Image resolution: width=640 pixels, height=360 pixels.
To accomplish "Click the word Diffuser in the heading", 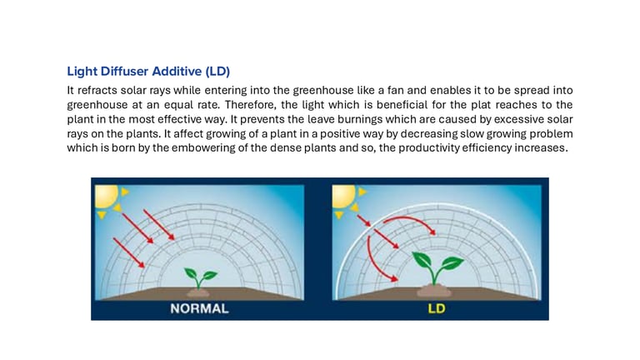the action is (x=124, y=72).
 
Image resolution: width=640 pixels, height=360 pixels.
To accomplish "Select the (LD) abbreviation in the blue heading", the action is (x=217, y=72).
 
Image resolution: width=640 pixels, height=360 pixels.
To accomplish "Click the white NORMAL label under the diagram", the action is (x=199, y=308).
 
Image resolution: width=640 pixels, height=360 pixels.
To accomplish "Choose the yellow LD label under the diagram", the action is (x=437, y=308).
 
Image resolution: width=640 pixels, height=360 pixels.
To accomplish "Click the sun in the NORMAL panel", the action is (x=107, y=196).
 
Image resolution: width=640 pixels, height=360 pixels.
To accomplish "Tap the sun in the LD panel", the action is (x=343, y=196).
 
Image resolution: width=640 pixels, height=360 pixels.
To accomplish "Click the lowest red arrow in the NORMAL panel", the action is (x=128, y=253).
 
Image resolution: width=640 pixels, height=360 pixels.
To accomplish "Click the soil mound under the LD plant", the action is (x=434, y=291).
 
